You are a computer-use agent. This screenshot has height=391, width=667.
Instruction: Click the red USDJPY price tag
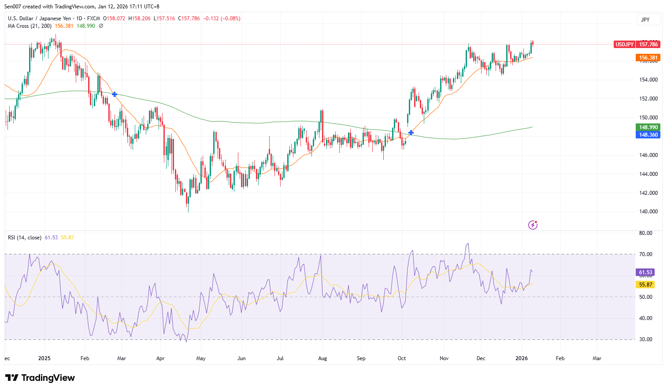[624, 45]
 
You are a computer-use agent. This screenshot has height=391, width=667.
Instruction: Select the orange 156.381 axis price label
[648, 58]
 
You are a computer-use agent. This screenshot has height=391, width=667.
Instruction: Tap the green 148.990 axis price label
[648, 127]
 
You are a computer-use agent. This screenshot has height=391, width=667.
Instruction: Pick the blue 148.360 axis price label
[648, 135]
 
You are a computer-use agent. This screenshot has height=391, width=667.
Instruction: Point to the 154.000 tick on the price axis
[648, 80]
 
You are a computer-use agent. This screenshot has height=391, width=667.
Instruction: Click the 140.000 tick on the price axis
[648, 212]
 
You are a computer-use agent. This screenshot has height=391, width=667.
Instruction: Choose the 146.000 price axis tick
[648, 155]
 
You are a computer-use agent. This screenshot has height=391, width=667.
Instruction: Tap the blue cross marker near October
[411, 133]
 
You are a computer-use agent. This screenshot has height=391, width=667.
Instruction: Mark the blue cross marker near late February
[115, 94]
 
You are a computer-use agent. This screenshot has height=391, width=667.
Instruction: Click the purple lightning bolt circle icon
[533, 225]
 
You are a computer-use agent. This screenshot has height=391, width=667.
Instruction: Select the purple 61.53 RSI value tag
[645, 272]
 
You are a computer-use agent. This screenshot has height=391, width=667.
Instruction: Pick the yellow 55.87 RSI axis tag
[645, 285]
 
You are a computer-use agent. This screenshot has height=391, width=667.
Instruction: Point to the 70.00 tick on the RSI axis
[646, 254]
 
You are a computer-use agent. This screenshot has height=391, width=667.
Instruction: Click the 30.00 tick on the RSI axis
[646, 339]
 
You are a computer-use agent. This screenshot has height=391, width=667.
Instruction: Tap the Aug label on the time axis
[322, 358]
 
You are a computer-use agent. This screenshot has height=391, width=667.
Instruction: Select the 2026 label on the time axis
[522, 358]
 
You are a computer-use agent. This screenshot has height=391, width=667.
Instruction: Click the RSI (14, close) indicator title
[25, 238]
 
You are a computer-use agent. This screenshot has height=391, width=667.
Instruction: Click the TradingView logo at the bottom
[40, 378]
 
